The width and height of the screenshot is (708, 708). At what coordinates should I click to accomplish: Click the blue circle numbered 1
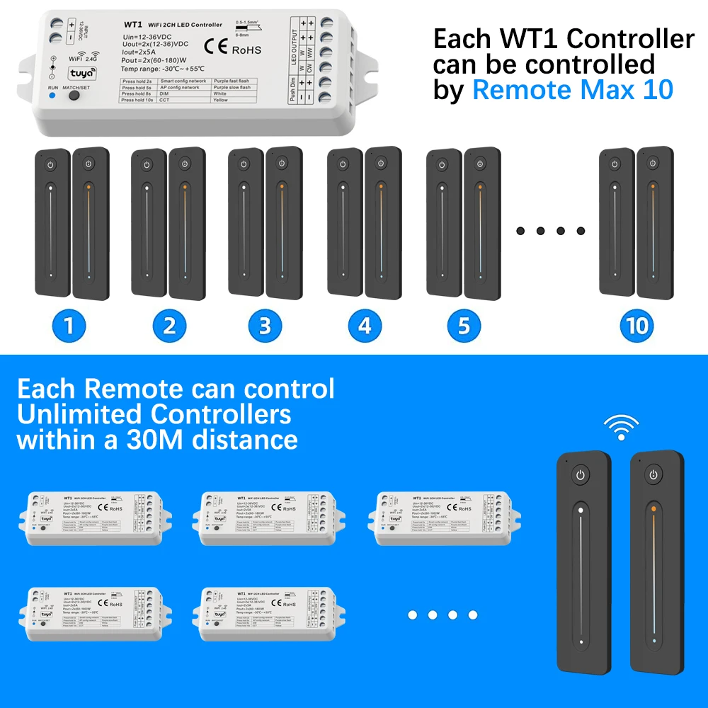(69, 326)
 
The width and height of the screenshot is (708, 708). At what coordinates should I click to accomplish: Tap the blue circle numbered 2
(169, 326)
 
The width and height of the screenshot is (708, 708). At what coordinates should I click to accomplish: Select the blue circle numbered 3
(265, 326)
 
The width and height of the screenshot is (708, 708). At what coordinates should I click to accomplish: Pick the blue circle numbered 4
(365, 326)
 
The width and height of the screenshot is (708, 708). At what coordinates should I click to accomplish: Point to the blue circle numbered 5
(464, 326)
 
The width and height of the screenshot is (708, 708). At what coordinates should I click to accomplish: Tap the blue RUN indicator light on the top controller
(52, 94)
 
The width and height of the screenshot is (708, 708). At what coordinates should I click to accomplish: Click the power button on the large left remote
(580, 474)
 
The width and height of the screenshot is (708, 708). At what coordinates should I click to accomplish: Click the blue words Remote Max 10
(573, 91)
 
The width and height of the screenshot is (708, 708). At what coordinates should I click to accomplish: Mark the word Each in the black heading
(461, 38)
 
